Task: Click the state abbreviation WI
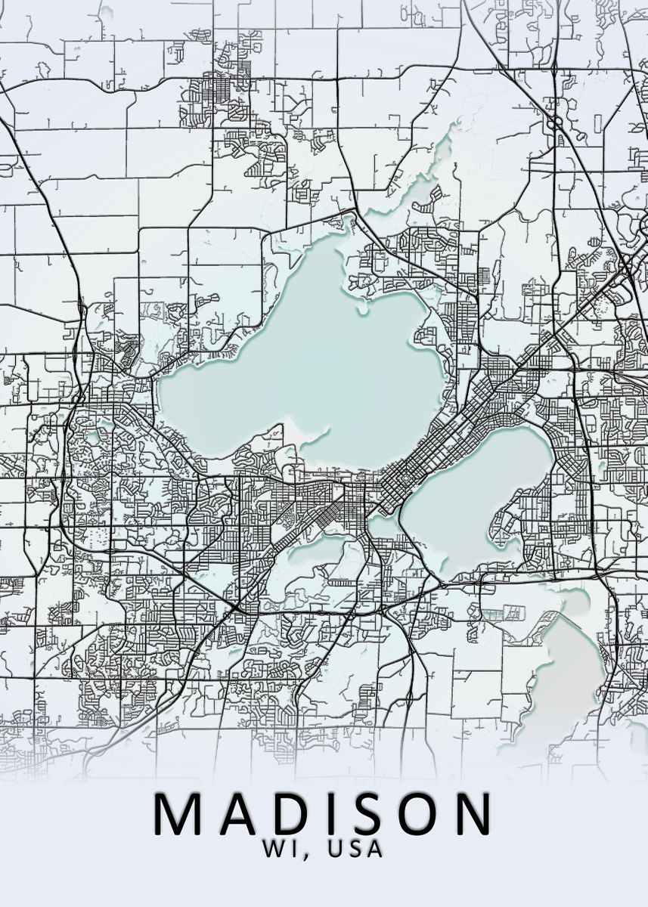tap(279, 849)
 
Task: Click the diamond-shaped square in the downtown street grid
tap(401, 478)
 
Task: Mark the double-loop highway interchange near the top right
tap(557, 121)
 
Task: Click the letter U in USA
tap(336, 849)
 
